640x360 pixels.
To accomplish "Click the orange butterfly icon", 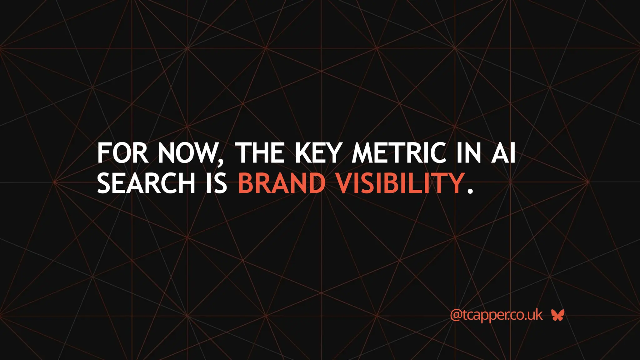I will point(557,315).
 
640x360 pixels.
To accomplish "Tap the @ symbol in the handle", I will point(456,315).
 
